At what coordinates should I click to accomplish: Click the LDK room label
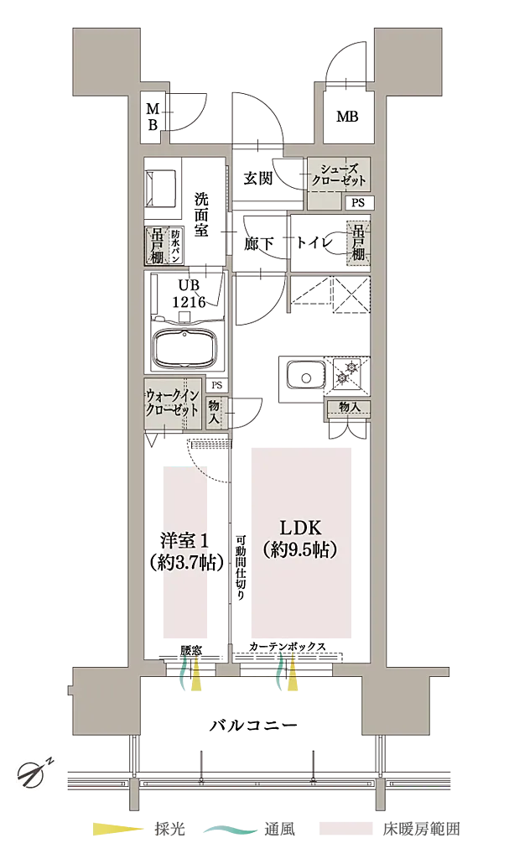pyautogui.click(x=300, y=528)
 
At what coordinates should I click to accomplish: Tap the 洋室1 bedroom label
pyautogui.click(x=184, y=541)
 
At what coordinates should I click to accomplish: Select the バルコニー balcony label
pyautogui.click(x=254, y=726)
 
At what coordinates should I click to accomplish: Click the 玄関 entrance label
pyautogui.click(x=258, y=178)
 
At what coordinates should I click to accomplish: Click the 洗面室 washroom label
pyautogui.click(x=201, y=215)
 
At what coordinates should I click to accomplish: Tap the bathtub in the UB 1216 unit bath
pyautogui.click(x=189, y=349)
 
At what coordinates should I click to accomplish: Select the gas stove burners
pyautogui.click(x=348, y=372)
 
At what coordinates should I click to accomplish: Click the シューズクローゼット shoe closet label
pyautogui.click(x=339, y=174)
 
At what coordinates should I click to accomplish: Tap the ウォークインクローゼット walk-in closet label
pyautogui.click(x=172, y=403)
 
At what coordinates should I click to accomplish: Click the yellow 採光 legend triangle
pyautogui.click(x=118, y=829)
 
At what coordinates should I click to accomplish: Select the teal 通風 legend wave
pyautogui.click(x=230, y=830)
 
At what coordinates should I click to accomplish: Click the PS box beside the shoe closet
pyautogui.click(x=358, y=203)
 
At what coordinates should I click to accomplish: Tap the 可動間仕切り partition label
pyautogui.click(x=241, y=567)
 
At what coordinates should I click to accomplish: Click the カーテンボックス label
pyautogui.click(x=287, y=647)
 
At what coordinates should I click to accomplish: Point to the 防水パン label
pyautogui.click(x=175, y=245)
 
